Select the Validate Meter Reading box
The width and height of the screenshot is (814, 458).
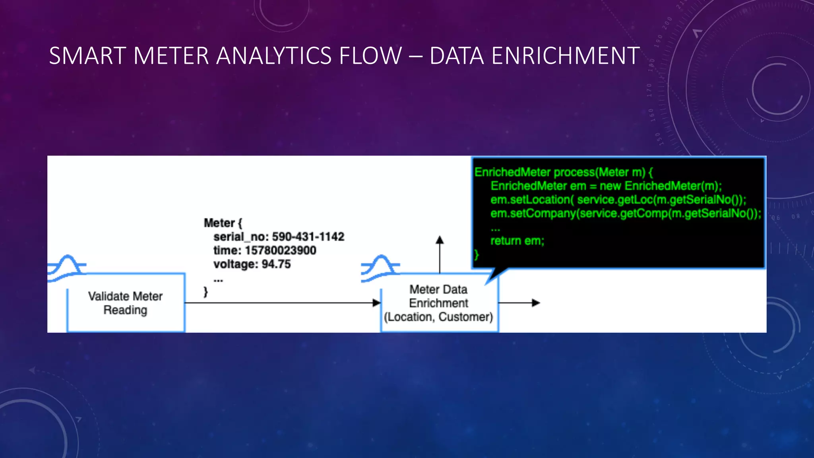(x=126, y=303)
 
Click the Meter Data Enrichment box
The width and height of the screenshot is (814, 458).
(x=439, y=303)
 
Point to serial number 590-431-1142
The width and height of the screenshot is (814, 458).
(x=308, y=237)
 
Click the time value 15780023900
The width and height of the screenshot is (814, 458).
(x=280, y=250)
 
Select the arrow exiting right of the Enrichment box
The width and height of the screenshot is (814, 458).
(x=536, y=303)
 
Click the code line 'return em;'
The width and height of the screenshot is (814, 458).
(x=517, y=241)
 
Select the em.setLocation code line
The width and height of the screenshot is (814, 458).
(x=618, y=200)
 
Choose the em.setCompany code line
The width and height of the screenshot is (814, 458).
(x=626, y=213)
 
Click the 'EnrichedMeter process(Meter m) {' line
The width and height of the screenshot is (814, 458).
(x=563, y=172)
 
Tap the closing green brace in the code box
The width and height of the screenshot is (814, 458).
(x=477, y=254)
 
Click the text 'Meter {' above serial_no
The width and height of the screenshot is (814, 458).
(x=223, y=223)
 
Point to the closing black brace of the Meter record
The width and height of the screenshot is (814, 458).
(x=205, y=292)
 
